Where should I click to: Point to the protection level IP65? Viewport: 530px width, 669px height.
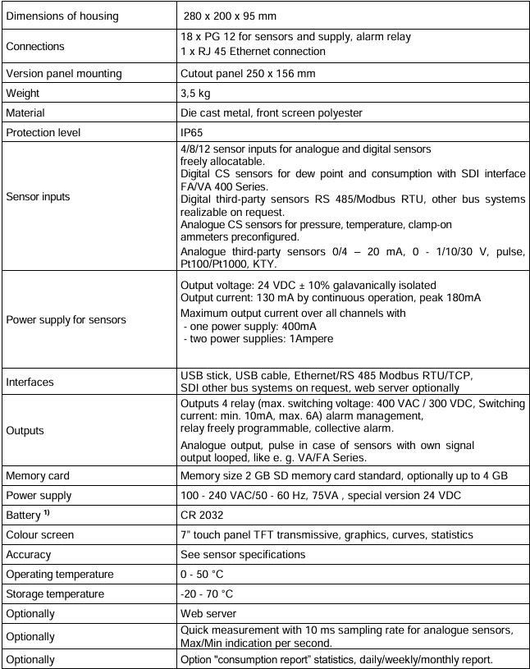[x=192, y=133]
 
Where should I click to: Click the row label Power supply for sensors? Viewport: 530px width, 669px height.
[x=66, y=319]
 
